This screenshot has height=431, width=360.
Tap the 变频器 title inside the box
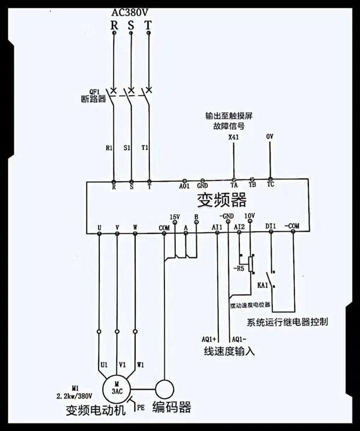point(222,201)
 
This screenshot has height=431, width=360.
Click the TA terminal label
point(234,186)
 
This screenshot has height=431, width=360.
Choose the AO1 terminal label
point(184,186)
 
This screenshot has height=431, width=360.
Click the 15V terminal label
point(175,217)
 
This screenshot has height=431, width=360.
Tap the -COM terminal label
point(292,225)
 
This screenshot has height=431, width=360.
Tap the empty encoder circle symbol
point(164,387)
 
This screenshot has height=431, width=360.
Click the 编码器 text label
point(171,407)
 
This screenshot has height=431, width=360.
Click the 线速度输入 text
point(229,351)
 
